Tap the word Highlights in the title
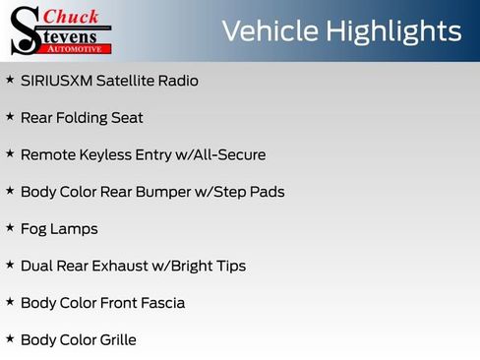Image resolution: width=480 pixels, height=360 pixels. pyautogui.click(x=390, y=30)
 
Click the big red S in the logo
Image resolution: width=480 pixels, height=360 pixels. pyautogui.click(x=24, y=31)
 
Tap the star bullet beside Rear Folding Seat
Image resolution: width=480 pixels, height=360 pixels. pyautogui.click(x=10, y=117)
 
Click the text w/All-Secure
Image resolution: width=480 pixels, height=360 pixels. pyautogui.click(x=223, y=154)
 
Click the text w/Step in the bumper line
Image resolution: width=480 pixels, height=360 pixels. pyautogui.click(x=229, y=192)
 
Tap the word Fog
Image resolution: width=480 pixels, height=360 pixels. pyautogui.click(x=35, y=229)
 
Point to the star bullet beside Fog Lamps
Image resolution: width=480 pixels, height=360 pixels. pyautogui.click(x=10, y=228)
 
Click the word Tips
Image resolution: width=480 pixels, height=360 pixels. pyautogui.click(x=229, y=266)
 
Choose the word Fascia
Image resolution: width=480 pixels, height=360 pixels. pyautogui.click(x=161, y=303)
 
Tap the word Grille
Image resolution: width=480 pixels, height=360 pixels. pyautogui.click(x=115, y=340)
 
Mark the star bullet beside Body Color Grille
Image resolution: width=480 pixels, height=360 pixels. pyautogui.click(x=10, y=339)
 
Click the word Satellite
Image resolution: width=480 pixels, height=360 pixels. pyautogui.click(x=126, y=81)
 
